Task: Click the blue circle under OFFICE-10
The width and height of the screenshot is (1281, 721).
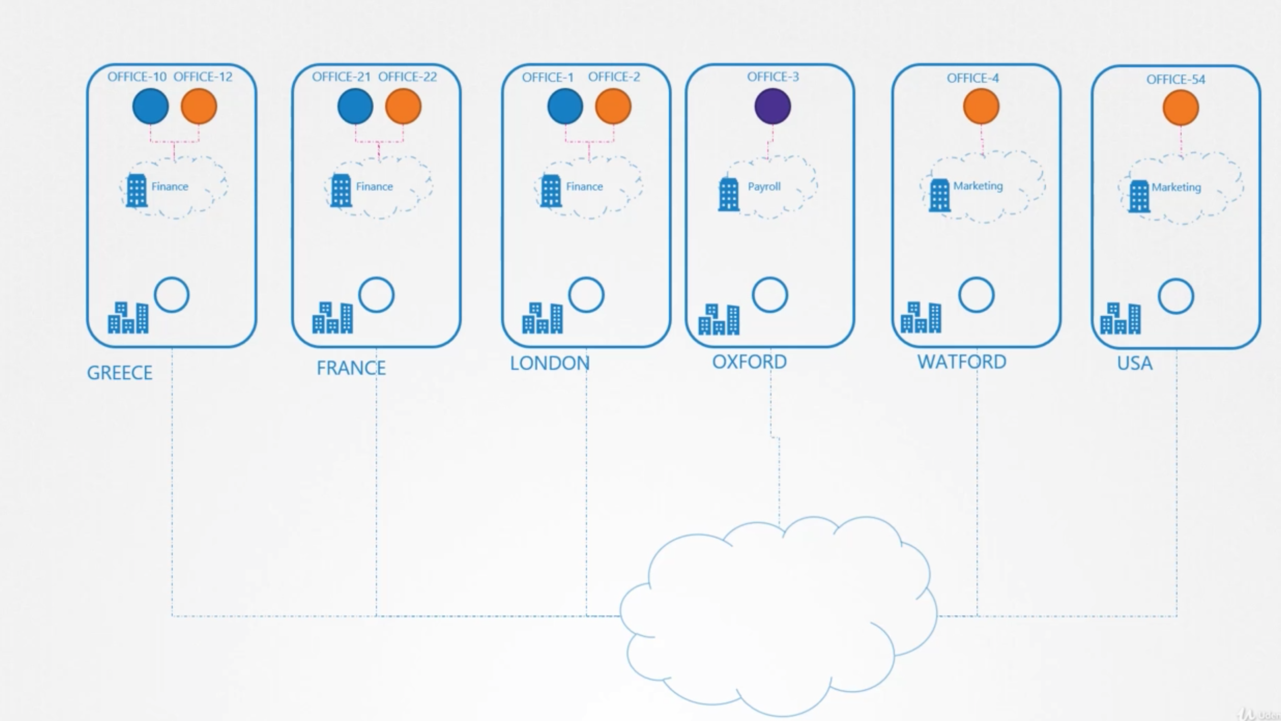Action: tap(151, 106)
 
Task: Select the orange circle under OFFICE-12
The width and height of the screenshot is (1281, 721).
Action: tap(199, 106)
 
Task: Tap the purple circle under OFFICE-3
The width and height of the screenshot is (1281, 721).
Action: tap(772, 106)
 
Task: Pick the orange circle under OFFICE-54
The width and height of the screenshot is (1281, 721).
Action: tap(1180, 108)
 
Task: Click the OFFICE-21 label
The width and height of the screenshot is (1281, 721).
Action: tap(341, 77)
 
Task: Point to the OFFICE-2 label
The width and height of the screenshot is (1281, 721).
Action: tap(614, 77)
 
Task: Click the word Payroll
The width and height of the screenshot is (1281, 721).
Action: tap(764, 187)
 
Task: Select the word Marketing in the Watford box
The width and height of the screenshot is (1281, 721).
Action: tap(978, 186)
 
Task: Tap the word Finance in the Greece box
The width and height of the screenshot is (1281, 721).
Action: tap(170, 187)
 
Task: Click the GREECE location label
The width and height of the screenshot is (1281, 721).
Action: tap(119, 373)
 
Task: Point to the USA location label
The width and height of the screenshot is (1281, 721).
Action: tap(1134, 364)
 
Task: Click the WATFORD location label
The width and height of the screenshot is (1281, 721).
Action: tap(962, 362)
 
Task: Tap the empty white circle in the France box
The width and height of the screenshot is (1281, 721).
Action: tap(376, 295)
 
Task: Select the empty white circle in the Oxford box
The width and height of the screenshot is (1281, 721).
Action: tap(770, 295)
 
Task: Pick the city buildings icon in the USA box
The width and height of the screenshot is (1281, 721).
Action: tap(1120, 318)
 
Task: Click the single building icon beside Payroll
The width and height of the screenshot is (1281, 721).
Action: tap(729, 194)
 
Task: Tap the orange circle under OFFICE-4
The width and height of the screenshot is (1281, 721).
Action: tap(981, 106)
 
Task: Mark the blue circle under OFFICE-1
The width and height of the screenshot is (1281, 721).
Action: tap(565, 106)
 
